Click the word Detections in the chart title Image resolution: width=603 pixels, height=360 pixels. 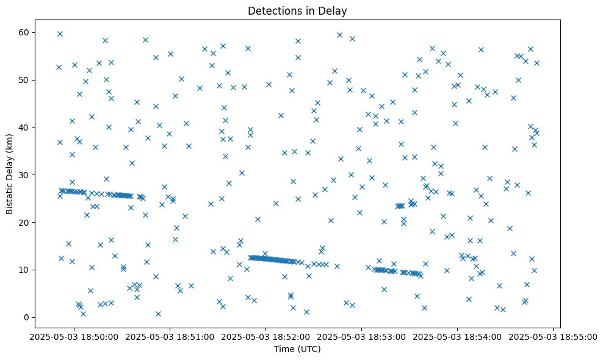click(272, 10)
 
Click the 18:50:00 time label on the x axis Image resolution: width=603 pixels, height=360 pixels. click(74, 336)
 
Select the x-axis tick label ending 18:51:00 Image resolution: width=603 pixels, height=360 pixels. click(170, 336)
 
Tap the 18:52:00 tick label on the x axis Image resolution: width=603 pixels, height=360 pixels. click(266, 336)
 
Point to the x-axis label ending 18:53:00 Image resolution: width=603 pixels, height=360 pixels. click(362, 336)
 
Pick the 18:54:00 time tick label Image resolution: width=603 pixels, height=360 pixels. click(458, 336)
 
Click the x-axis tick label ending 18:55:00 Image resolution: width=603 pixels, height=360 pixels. click(554, 336)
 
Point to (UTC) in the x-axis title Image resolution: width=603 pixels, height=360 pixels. click(309, 350)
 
